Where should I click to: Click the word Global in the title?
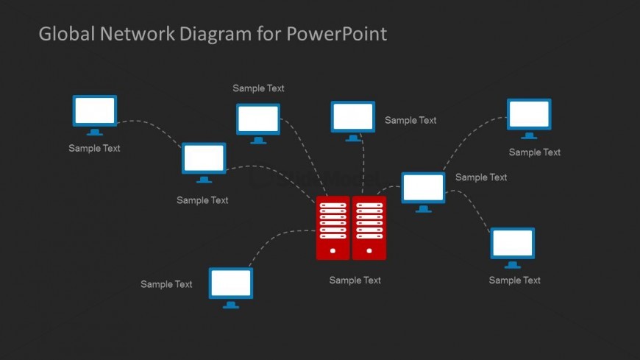pyautogui.click(x=65, y=34)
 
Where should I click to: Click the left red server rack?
pyautogui.click(x=333, y=227)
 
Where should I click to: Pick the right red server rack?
pyautogui.click(x=369, y=227)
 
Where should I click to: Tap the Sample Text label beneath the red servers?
pyautogui.click(x=355, y=280)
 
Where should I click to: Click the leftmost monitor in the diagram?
pyautogui.click(x=95, y=112)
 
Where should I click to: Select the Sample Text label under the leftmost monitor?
pyautogui.click(x=94, y=148)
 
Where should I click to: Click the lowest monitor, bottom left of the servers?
pyautogui.click(x=231, y=284)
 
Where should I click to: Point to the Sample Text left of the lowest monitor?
pyautogui.click(x=166, y=284)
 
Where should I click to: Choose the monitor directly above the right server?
pyautogui.click(x=353, y=118)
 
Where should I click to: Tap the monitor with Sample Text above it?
pyautogui.click(x=258, y=120)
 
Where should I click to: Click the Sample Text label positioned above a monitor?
pyautogui.click(x=258, y=88)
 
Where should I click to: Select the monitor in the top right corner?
pyautogui.click(x=529, y=116)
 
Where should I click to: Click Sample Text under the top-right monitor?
pyautogui.click(x=535, y=152)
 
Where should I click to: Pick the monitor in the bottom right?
pyautogui.click(x=513, y=244)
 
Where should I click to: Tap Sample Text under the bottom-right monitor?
pyautogui.click(x=515, y=280)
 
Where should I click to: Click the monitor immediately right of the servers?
pyautogui.click(x=423, y=188)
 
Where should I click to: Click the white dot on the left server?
pyautogui.click(x=333, y=251)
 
